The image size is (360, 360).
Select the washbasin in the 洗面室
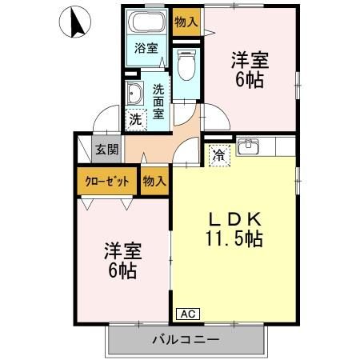[134, 95]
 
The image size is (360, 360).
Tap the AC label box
[186, 314]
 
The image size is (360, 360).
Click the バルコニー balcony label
[186, 340]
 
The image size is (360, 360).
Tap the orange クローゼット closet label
[108, 181]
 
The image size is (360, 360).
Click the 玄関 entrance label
[106, 149]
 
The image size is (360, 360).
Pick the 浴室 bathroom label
[146, 47]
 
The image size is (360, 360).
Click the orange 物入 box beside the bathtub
[186, 22]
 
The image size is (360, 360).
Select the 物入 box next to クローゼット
[154, 181]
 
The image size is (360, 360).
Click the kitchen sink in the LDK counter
[249, 146]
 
